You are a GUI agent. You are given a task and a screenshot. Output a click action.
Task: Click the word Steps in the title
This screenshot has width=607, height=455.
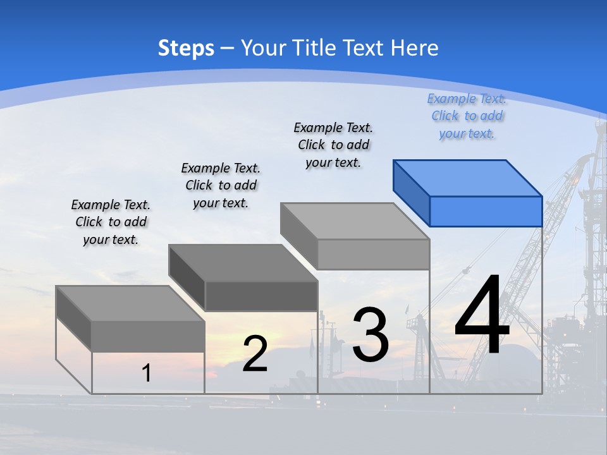(x=186, y=48)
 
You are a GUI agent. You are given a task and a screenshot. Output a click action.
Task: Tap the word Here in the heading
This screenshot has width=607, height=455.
(x=415, y=48)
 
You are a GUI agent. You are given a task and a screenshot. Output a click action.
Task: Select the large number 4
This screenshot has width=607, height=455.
(x=482, y=315)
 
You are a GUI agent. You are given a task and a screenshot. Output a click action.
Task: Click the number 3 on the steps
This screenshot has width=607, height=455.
(x=371, y=334)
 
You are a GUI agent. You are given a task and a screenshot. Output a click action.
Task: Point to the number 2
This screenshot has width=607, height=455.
(x=255, y=353)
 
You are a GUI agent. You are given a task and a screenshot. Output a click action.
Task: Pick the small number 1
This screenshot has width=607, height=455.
(x=147, y=373)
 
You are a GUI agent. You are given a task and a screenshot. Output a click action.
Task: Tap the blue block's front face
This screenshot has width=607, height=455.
(x=486, y=211)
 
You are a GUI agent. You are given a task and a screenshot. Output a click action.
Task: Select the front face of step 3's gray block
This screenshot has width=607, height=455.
(x=373, y=254)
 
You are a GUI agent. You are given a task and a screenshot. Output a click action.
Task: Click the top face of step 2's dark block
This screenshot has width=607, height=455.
(x=243, y=262)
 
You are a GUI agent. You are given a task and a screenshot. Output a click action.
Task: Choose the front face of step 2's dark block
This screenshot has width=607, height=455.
(x=261, y=296)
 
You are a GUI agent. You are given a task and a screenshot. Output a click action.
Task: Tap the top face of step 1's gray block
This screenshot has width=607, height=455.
(x=130, y=303)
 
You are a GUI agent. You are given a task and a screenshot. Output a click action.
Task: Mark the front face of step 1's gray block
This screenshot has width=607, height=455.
(x=148, y=336)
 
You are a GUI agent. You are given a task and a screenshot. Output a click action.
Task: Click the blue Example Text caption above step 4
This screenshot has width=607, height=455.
(x=467, y=116)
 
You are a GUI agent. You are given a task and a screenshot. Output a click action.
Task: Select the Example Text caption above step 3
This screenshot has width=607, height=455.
(x=333, y=145)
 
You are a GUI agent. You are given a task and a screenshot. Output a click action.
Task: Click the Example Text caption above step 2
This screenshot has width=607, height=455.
(x=221, y=185)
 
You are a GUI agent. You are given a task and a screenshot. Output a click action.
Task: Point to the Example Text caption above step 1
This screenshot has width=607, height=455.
(x=111, y=222)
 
